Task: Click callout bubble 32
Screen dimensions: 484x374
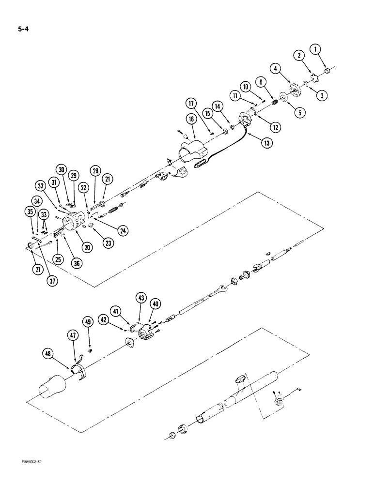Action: click(40, 185)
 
